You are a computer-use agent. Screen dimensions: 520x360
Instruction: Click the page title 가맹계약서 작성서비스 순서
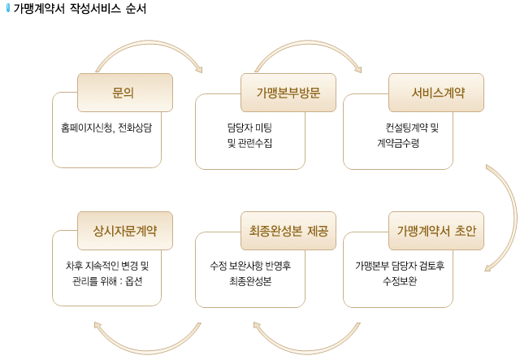click(x=80, y=8)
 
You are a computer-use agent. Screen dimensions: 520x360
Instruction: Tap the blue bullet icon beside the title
click(x=8, y=8)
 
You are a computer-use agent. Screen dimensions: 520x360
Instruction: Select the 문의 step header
click(x=125, y=93)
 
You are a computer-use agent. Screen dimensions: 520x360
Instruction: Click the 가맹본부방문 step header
click(x=288, y=93)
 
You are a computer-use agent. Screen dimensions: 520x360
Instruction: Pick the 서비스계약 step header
click(x=436, y=93)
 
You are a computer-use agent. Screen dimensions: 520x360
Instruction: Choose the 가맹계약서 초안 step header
click(x=436, y=231)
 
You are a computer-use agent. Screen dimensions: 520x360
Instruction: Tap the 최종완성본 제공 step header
click(x=288, y=231)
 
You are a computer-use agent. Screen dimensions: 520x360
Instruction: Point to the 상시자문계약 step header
click(x=125, y=231)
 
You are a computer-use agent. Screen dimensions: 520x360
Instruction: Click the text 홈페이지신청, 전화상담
click(x=106, y=128)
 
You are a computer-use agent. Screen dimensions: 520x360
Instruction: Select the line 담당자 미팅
click(x=249, y=128)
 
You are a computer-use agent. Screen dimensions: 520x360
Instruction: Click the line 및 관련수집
click(x=249, y=143)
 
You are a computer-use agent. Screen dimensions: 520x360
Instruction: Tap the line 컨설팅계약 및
click(x=412, y=128)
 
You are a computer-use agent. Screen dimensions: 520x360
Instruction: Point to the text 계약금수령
click(x=398, y=143)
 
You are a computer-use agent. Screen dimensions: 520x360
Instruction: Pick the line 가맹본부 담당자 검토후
click(x=400, y=266)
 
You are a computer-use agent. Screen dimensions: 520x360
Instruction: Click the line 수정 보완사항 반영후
click(x=250, y=266)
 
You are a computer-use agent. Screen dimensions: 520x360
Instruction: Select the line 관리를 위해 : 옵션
click(x=107, y=281)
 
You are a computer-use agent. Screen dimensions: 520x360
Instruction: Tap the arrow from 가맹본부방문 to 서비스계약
click(x=309, y=42)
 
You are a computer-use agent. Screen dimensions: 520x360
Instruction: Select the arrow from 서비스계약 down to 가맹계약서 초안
click(x=515, y=217)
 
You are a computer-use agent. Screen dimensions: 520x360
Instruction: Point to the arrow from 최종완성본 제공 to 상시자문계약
click(x=148, y=352)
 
